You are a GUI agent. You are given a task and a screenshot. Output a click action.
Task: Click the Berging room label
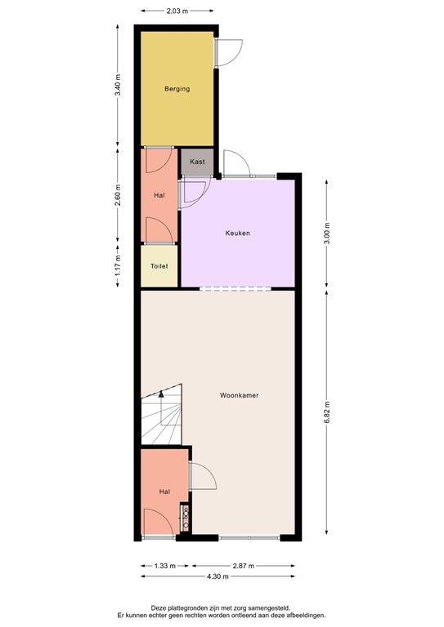click(x=177, y=88)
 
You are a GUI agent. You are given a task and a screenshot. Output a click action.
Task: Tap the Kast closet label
click(x=197, y=162)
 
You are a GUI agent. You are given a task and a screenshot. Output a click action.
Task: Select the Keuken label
click(x=237, y=233)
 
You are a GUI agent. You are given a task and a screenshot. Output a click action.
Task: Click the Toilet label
click(x=159, y=265)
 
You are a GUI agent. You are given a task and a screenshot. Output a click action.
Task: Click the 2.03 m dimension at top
click(x=177, y=11)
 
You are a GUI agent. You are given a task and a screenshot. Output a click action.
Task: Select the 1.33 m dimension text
click(x=165, y=565)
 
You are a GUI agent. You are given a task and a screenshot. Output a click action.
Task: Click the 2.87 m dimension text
click(x=242, y=565)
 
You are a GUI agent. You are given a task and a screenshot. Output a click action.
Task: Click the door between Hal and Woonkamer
click(x=200, y=476)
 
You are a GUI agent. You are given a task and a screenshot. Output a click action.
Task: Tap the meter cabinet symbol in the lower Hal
click(x=186, y=517)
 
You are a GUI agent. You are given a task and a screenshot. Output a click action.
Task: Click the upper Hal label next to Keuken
click(x=159, y=195)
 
